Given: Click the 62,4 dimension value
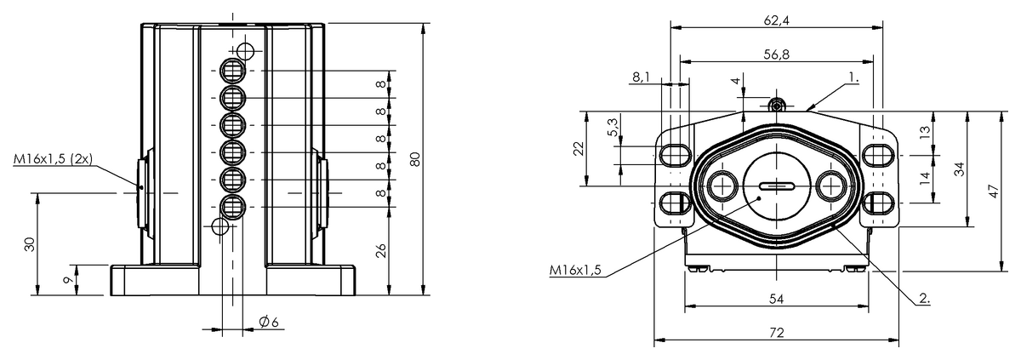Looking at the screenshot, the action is click(776, 21).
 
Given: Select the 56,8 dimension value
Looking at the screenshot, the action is click(776, 54).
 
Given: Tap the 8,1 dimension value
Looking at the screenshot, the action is click(641, 77).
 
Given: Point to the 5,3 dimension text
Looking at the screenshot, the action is click(613, 127).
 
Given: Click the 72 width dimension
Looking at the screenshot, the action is click(776, 333).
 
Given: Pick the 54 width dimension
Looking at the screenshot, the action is click(776, 299).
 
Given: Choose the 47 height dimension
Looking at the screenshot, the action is click(994, 191).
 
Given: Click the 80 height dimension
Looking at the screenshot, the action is click(414, 159).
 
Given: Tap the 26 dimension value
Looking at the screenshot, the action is click(381, 250).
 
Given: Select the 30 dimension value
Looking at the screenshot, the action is click(30, 244).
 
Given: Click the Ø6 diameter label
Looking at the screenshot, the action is click(269, 322).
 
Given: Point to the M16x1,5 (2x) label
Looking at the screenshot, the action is click(53, 159).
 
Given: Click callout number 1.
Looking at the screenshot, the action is click(853, 77).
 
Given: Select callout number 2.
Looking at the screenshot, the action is click(924, 299).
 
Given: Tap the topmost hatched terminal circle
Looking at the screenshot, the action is click(233, 71).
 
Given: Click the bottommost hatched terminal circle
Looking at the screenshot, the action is click(233, 208).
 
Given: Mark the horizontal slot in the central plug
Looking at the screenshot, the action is click(777, 186).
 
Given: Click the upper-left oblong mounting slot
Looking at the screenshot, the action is click(675, 156).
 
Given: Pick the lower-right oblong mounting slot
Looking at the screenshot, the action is click(879, 203).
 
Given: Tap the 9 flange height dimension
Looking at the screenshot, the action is click(67, 280).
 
